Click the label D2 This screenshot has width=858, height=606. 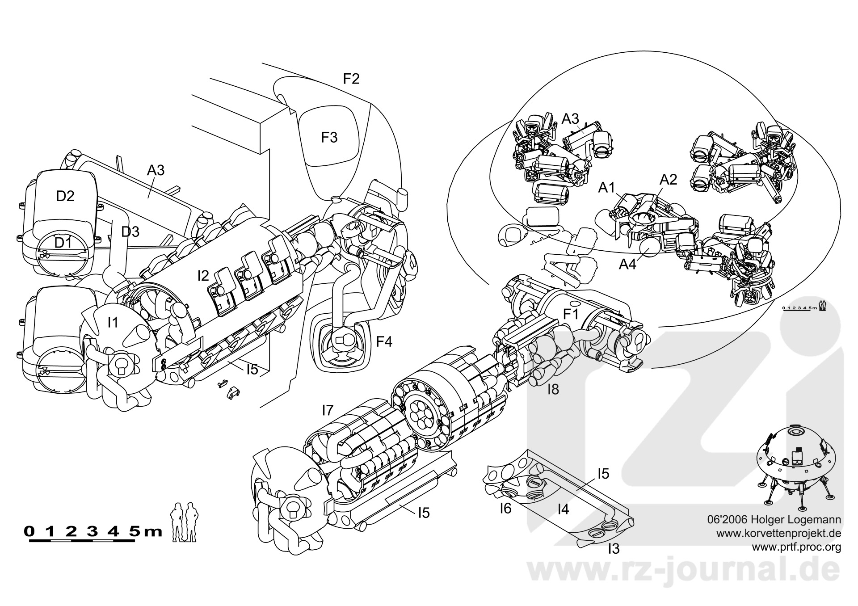coord(65,196)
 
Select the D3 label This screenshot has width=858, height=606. coord(130,231)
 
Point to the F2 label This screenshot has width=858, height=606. coord(351,79)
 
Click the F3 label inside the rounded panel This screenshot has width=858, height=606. coord(329,137)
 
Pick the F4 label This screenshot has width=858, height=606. coord(384,342)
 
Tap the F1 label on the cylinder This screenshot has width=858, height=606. coord(571,315)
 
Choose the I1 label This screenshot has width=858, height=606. coord(113,321)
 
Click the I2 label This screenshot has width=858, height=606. coord(203,276)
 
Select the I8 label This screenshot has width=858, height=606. coord(553,390)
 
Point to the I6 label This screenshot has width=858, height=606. coord(505,508)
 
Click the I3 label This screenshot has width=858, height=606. coord(614,548)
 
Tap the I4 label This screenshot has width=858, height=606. coord(563,509)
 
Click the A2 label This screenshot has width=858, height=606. coord(669,180)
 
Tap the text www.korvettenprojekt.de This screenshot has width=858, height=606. coord(779,533)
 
